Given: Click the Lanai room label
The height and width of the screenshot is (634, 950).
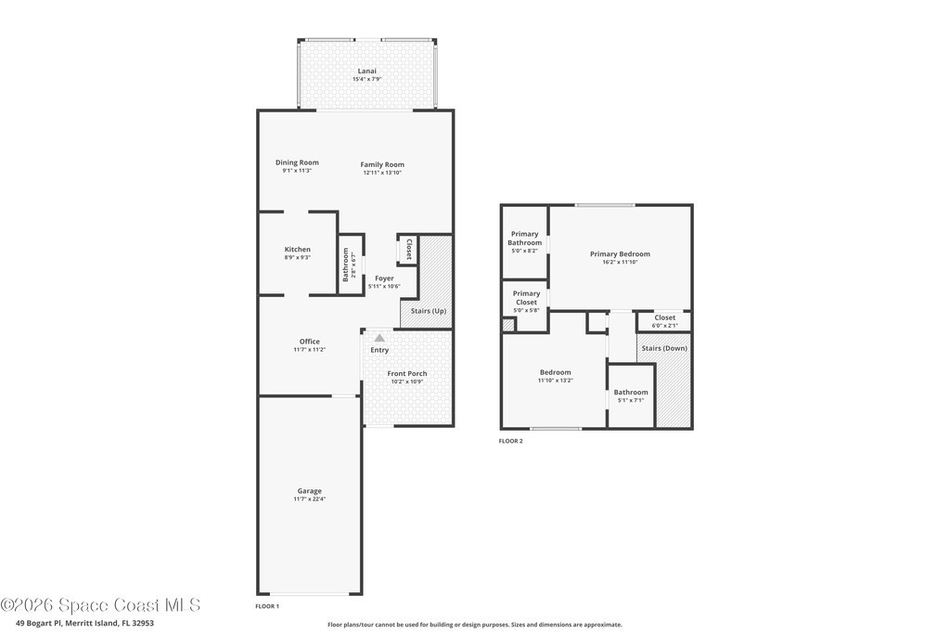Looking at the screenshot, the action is point(366,71).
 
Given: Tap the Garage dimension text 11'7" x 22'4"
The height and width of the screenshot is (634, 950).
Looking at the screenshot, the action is point(310,498).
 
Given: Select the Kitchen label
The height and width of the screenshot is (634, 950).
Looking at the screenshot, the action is point(298,249).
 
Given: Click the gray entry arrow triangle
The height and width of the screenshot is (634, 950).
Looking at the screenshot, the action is point(379,338).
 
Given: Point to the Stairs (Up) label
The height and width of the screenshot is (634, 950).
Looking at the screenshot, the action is point(429,311).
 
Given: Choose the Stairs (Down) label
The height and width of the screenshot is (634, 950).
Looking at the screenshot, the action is point(664,348).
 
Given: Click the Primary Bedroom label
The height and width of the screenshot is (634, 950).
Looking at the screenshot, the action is point(620,254).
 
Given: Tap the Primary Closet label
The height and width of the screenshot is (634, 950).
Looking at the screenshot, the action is point(526,298).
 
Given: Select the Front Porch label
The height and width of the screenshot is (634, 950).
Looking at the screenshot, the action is point(407,373).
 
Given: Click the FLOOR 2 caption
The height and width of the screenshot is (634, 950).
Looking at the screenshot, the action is point(511,441).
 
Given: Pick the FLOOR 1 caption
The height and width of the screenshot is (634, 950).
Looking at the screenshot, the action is point(267,606).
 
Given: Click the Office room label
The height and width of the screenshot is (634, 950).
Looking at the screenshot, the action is point(310,342).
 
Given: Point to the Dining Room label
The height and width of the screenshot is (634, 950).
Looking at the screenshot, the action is point(297,162).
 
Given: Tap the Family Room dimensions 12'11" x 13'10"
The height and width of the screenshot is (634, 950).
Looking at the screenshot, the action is point(382,173).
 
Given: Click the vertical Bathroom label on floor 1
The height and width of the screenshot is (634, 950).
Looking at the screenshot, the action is point(346,265).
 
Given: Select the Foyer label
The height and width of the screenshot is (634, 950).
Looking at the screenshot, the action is point(384,278).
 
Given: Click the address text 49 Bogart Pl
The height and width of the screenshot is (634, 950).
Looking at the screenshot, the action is point(39,623).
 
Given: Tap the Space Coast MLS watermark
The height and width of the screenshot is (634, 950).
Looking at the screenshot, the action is point(100,605).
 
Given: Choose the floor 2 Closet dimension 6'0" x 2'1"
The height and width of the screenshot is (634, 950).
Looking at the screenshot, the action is point(664,326).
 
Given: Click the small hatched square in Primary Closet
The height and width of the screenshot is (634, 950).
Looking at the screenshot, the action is point(508,325).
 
